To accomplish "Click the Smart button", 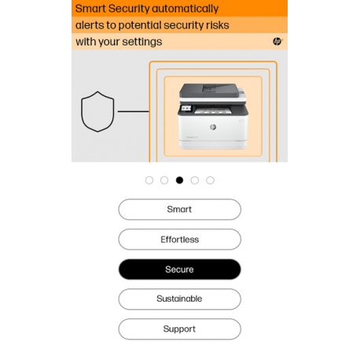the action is pos(179,209).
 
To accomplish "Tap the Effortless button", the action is pos(179,239).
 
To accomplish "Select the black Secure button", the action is pos(179,269).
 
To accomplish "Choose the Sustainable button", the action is pos(179,299).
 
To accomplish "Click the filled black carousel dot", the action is pos(179,180).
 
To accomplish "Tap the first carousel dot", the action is pos(149,180).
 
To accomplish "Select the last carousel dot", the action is pos(210,180).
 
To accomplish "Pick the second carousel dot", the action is pos(164,180).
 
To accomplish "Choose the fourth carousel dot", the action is pos(195,180).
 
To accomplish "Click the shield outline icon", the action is pos(82,112).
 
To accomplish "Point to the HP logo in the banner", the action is pos(277,42).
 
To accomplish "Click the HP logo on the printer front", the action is pos(213,127).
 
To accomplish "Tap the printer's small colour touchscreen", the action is pos(186,108).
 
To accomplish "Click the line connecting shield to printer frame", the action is pos(134,112).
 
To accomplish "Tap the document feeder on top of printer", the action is pos(209,89).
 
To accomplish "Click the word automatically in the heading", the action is pos(185,9).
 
